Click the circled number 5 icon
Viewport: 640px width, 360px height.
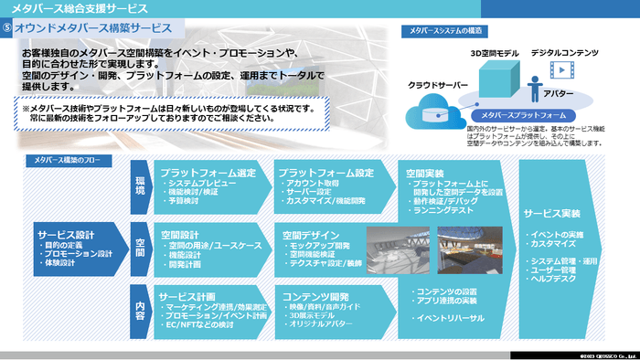click(9, 27)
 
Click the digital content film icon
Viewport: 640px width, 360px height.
click(560, 69)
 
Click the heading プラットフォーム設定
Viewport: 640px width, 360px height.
click(326, 172)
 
